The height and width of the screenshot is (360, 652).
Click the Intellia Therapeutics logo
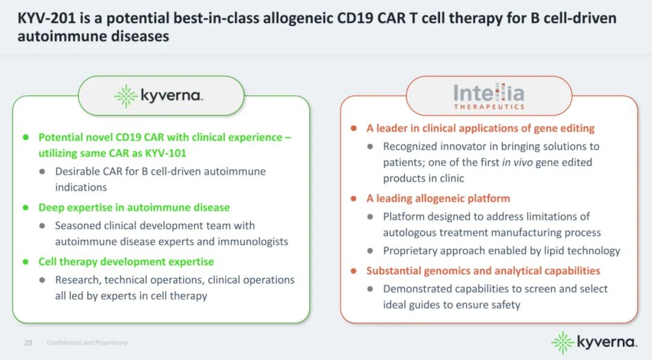(x=489, y=96)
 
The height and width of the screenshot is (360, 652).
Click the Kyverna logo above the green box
(x=159, y=95)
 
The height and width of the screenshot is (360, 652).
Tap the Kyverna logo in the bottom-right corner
(x=594, y=342)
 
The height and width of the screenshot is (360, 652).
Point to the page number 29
(x=28, y=342)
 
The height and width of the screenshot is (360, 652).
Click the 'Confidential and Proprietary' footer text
(x=88, y=342)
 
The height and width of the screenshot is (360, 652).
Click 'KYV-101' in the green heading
(x=165, y=153)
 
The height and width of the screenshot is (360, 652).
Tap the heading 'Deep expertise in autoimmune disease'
(x=134, y=207)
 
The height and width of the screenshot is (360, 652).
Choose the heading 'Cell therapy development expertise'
(x=126, y=262)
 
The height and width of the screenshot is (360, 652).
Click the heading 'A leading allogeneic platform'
(x=438, y=199)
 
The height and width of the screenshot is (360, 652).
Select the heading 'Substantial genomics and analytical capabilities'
(x=483, y=271)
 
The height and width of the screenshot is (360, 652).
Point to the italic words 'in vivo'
(x=517, y=162)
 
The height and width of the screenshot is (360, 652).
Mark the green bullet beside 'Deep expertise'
(x=26, y=207)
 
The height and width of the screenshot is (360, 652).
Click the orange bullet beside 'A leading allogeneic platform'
(x=353, y=199)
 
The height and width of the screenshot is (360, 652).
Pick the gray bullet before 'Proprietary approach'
(x=370, y=251)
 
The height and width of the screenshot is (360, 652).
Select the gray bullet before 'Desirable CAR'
(x=42, y=172)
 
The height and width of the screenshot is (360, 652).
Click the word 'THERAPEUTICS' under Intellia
(x=489, y=107)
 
